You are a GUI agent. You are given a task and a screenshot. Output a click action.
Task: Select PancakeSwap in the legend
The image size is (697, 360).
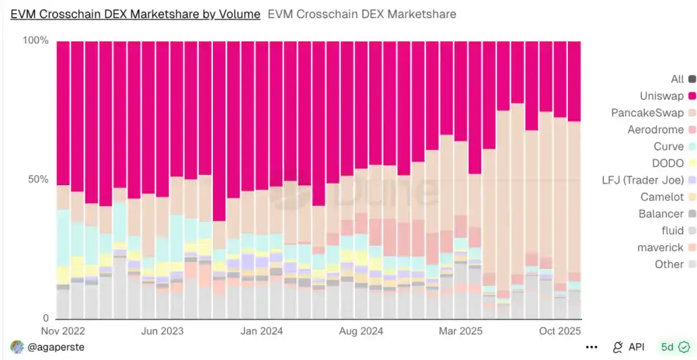click(x=647, y=113)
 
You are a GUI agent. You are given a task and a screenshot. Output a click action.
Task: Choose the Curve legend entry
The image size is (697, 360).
click(x=668, y=146)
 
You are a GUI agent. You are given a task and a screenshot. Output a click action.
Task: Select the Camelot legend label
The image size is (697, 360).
click(x=662, y=197)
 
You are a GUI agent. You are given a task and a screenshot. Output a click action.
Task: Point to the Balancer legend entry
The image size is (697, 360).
click(x=661, y=214)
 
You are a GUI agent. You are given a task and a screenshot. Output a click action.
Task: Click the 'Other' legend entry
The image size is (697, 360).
click(x=669, y=264)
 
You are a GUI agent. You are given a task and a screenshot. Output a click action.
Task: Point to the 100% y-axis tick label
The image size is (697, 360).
click(x=35, y=41)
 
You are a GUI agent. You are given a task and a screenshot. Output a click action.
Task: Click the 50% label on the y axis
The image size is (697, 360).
click(x=38, y=179)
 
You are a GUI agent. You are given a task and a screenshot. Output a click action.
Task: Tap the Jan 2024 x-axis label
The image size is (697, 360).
click(x=262, y=331)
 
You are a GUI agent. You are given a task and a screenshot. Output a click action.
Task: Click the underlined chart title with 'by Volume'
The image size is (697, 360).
click(x=136, y=14)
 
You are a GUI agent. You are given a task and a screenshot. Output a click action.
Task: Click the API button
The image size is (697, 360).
click(x=629, y=347)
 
